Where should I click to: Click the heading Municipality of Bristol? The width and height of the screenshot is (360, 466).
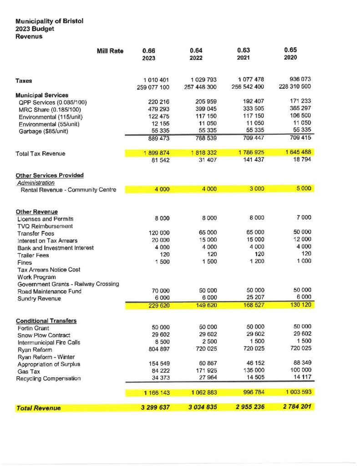pos(49,21)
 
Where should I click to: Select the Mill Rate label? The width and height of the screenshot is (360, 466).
pos(110,51)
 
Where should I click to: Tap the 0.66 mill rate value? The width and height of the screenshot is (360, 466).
pos(149,50)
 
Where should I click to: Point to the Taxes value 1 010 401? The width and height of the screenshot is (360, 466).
pos(156,80)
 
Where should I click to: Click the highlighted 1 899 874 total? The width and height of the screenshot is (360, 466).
pos(156,153)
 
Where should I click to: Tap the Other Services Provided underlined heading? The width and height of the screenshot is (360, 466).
pos(50,175)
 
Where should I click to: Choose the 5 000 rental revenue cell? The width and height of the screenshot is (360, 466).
pos(302,188)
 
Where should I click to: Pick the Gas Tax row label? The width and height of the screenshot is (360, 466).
pos(29,371)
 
